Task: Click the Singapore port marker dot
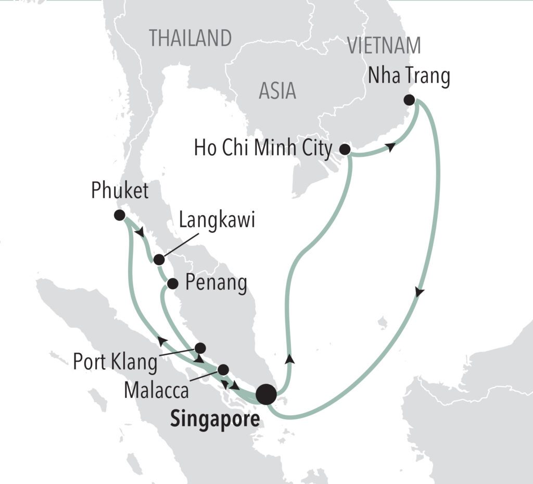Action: [266, 394]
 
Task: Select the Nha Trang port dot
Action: [409, 100]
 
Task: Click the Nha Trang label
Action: [409, 77]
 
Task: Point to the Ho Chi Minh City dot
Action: [344, 150]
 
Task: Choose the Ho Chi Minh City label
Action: [263, 149]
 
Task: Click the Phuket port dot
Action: [119, 215]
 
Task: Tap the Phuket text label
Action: [120, 191]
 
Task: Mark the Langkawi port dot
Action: [159, 259]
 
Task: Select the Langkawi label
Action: [217, 221]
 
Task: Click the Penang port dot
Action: [172, 284]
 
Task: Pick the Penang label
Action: [217, 284]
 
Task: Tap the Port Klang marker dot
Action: [200, 348]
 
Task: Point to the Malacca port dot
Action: [223, 369]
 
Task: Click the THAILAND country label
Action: [190, 38]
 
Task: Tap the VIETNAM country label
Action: [384, 46]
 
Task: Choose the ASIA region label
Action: [277, 91]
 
